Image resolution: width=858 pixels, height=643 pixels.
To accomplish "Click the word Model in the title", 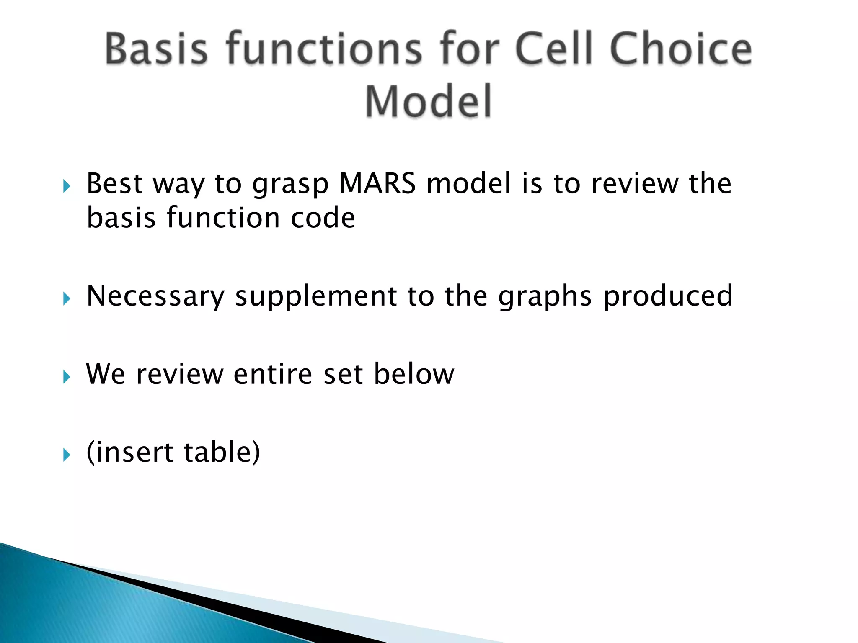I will (428, 101).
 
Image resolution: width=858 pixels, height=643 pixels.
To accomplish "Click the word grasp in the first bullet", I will (290, 185).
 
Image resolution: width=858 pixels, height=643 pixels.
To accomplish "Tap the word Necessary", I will (155, 296).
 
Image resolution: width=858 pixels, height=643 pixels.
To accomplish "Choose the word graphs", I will (545, 296).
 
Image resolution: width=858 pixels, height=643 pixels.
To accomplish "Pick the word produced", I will (668, 296).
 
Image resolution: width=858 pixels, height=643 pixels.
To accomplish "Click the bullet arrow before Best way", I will (67, 186).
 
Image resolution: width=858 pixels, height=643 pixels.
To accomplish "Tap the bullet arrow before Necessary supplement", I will (67, 299).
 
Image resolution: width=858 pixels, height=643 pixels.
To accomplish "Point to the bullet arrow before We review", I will (67, 377).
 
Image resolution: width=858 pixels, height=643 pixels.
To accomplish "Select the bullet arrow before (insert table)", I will (67, 455).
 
